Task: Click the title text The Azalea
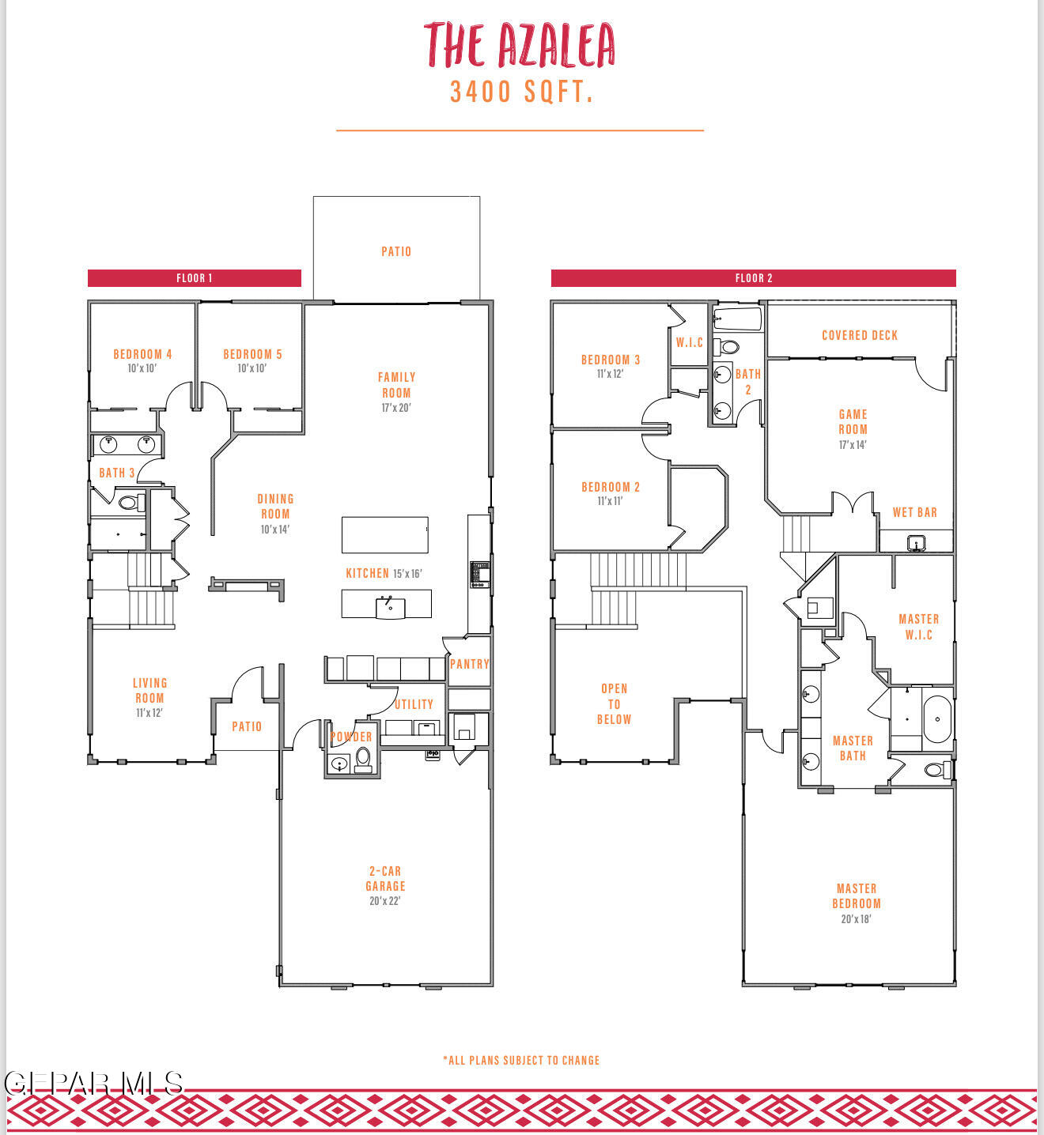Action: (x=519, y=45)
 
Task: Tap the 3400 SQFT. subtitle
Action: (x=521, y=92)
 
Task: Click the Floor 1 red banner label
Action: (x=195, y=278)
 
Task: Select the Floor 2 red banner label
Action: (x=754, y=278)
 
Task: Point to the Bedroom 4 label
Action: (x=142, y=354)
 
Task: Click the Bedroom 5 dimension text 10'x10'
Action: (x=252, y=368)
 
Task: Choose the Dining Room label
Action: (x=276, y=507)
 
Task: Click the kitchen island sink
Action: (x=389, y=607)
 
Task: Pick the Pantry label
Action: (x=469, y=664)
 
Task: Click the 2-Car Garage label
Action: (x=385, y=879)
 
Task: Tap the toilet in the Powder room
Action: (x=363, y=760)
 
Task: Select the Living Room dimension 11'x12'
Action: (x=149, y=713)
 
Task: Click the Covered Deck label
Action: (x=860, y=336)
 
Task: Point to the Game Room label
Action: (x=853, y=422)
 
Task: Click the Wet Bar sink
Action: (x=916, y=543)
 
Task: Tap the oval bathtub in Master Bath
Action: (x=937, y=719)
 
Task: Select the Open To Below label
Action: (x=615, y=704)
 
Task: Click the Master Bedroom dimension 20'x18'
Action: (x=856, y=919)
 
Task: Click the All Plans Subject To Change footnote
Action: (x=521, y=1061)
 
